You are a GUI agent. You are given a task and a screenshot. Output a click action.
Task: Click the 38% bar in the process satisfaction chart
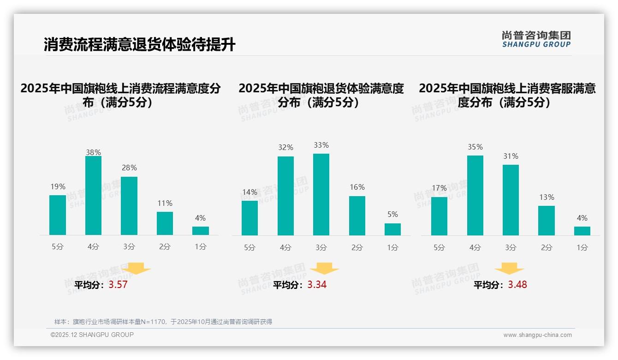pyautogui.click(x=93, y=196)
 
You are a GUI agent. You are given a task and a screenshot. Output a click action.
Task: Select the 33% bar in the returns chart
pyautogui.click(x=321, y=194)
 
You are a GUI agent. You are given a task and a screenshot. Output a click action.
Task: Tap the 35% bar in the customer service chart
pyautogui.click(x=475, y=195)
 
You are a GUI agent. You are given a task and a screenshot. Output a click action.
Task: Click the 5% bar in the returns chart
pyautogui.click(x=392, y=229)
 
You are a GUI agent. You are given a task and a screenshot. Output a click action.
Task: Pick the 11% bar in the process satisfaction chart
pyautogui.click(x=165, y=223)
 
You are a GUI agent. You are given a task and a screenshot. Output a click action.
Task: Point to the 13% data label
pyautogui.click(x=547, y=197)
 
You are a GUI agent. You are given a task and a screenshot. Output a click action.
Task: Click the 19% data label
pyautogui.click(x=58, y=186)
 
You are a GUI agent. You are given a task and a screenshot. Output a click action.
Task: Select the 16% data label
pyautogui.click(x=357, y=187)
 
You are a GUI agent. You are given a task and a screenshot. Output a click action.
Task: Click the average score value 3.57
pyautogui.click(x=118, y=285)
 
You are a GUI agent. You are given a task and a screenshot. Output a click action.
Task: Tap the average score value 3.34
pyautogui.click(x=317, y=285)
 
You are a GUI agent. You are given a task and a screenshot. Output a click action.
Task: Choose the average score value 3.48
pyautogui.click(x=517, y=285)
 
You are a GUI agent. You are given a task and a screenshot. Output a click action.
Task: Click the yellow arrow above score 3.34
pyautogui.click(x=324, y=269)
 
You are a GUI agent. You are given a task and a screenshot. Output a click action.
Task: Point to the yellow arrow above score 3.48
pyautogui.click(x=509, y=269)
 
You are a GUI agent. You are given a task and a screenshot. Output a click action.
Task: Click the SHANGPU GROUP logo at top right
pyautogui.click(x=536, y=39)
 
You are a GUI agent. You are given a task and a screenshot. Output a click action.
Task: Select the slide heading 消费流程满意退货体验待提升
pyautogui.click(x=139, y=45)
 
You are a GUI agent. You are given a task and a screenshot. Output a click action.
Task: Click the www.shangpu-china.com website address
pyautogui.click(x=537, y=335)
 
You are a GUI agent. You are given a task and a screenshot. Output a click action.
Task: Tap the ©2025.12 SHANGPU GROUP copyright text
pyautogui.click(x=92, y=335)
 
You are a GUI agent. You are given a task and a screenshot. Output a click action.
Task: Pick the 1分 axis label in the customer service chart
pyautogui.click(x=582, y=247)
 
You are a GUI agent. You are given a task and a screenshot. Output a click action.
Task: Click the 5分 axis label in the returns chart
pyautogui.click(x=250, y=247)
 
